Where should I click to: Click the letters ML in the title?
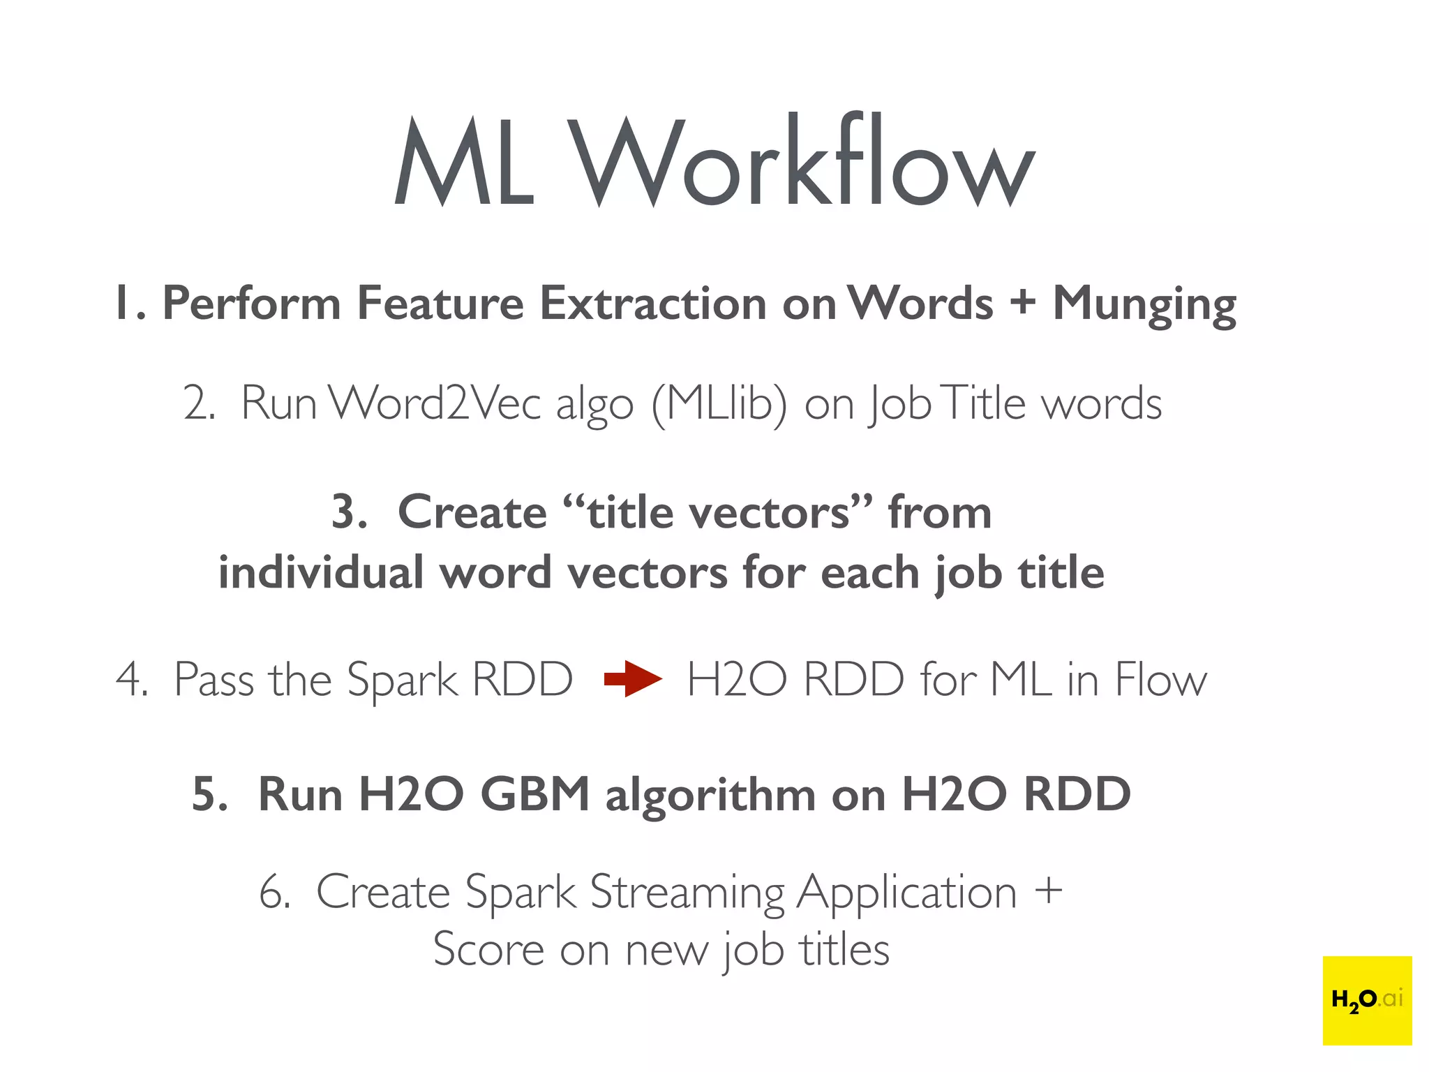point(465,162)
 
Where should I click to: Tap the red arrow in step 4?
point(632,678)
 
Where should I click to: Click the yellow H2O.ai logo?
point(1367,1000)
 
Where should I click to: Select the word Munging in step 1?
point(1144,305)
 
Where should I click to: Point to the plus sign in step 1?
point(1022,304)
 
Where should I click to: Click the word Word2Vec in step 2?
point(434,403)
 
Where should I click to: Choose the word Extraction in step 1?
point(654,304)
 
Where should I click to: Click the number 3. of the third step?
point(350,512)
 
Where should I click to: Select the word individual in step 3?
point(321,572)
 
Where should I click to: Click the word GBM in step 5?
point(535,794)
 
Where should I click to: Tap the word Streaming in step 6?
point(687,893)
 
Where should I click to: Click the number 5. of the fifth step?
point(210,794)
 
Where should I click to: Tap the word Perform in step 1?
point(251,304)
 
